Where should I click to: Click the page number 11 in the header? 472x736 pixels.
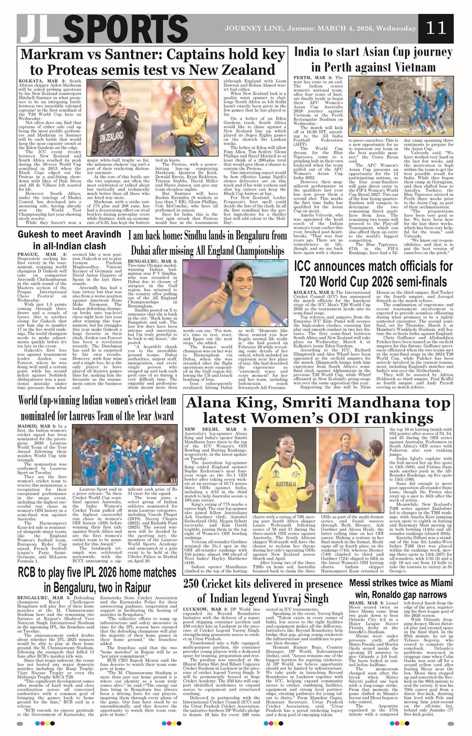[436, 28]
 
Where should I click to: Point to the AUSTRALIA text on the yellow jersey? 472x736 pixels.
[286, 484]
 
